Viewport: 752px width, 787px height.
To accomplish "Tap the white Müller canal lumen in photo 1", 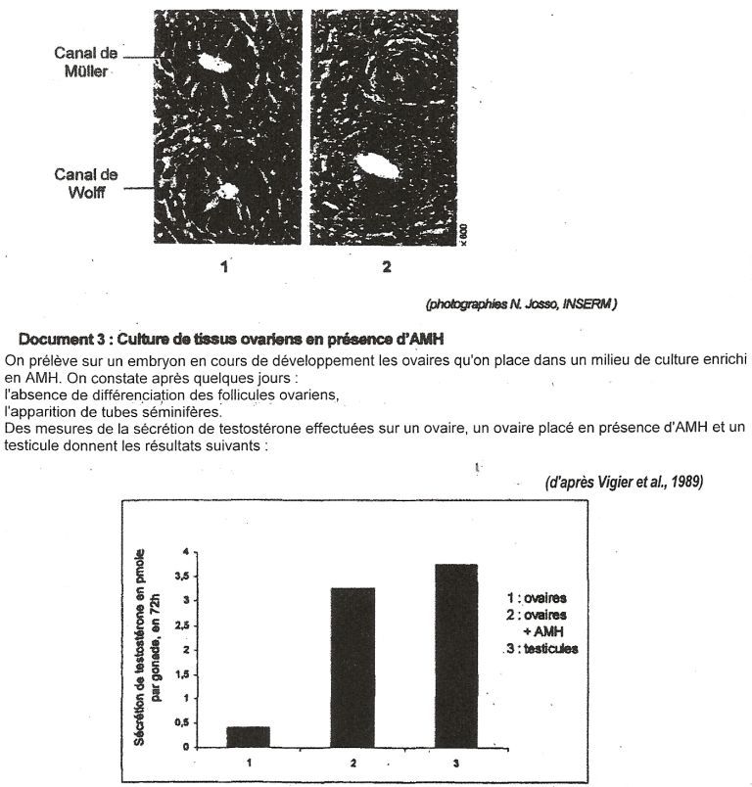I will point(212,64).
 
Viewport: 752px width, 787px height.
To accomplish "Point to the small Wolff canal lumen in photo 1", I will point(228,192).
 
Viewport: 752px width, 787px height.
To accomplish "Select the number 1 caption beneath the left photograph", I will point(224,265).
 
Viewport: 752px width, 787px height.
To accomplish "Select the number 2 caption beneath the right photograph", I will point(387,265).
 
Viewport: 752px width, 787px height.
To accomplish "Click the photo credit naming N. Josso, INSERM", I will point(520,305).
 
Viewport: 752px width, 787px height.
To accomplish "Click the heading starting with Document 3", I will point(231,340).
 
